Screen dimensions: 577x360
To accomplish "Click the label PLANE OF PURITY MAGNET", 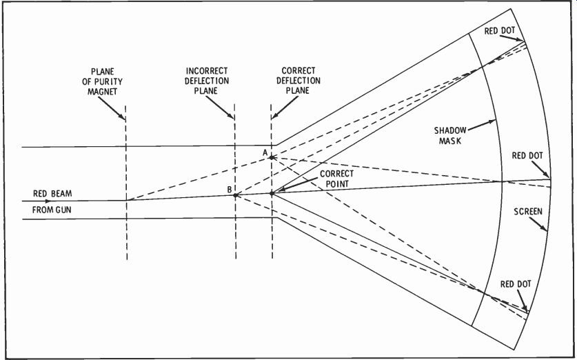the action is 102,81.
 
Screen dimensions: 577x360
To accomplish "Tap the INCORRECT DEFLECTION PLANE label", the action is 207,80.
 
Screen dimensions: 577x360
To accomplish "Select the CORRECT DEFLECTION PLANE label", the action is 298,80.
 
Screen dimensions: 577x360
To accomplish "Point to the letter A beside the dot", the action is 265,153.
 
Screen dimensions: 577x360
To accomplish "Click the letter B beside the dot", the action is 230,190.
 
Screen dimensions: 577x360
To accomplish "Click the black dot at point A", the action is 272,157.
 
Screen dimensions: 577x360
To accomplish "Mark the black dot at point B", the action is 235,195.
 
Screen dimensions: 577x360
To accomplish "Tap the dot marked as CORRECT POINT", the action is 272,193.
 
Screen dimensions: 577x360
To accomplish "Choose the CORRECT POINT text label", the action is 336,179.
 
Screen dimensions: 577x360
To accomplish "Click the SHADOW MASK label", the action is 450,135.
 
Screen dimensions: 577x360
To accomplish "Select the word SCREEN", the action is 528,212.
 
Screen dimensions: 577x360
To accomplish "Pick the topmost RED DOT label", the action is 499,31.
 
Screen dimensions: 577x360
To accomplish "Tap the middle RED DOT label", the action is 527,156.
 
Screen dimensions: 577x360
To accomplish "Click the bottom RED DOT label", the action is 516,284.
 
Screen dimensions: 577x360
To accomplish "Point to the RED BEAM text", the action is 52,194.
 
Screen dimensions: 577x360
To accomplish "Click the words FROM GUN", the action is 52,210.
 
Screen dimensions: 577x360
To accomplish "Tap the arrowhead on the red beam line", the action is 48,201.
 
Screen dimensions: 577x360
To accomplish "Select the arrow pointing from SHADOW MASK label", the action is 482,125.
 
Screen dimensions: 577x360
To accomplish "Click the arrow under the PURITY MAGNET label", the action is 112,108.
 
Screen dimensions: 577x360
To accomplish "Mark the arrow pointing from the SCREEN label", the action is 538,224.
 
